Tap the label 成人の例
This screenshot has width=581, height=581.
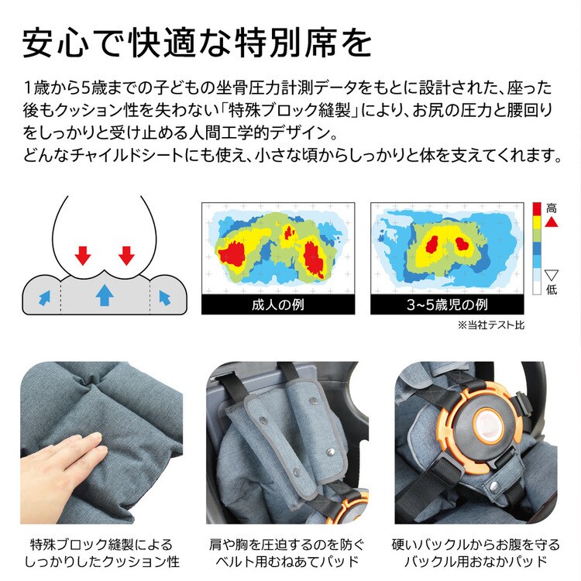click(278, 304)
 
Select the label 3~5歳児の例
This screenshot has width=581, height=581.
click(446, 304)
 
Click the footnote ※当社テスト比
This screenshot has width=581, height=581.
click(491, 325)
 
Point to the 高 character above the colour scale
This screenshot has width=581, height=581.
click(552, 208)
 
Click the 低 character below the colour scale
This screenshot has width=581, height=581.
click(552, 290)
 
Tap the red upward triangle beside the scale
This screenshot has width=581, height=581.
click(552, 222)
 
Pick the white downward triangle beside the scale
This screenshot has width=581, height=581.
click(552, 274)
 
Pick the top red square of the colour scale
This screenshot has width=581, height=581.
click(537, 208)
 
